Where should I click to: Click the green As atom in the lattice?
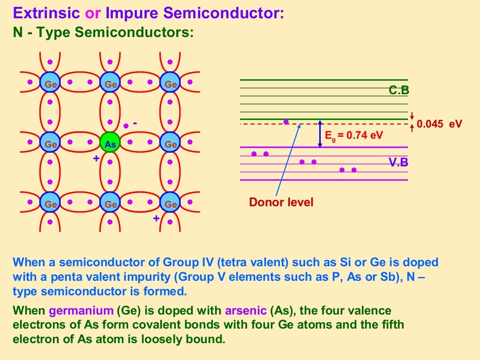(110, 144)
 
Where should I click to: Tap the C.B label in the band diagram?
(399, 91)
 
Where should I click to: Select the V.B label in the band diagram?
(399, 163)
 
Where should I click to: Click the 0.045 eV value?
(439, 124)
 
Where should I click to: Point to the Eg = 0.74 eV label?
(354, 135)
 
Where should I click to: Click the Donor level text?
(281, 202)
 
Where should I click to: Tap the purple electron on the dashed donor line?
(286, 122)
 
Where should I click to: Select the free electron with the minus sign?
(126, 126)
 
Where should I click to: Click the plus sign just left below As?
(96, 158)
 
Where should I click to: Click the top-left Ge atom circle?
(50, 84)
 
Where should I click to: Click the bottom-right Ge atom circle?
(170, 204)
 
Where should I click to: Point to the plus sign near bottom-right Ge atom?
(156, 218)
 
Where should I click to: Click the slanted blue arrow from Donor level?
(288, 159)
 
